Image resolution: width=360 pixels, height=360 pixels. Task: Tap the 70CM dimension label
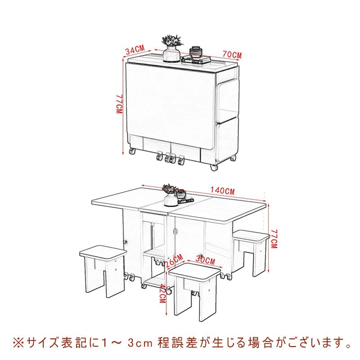[x=232, y=55]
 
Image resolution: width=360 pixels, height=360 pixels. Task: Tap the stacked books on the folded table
[x=196, y=58]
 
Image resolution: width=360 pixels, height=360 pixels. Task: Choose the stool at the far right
[x=252, y=250]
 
